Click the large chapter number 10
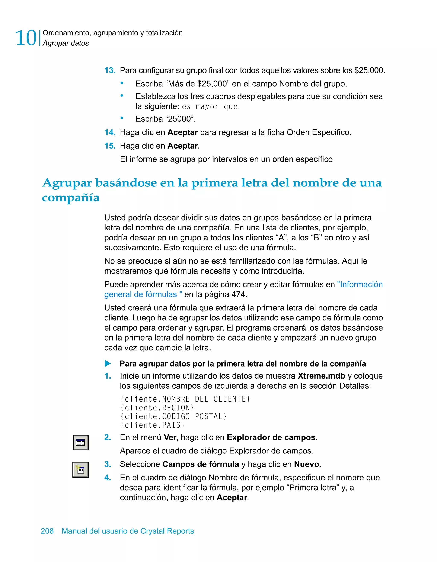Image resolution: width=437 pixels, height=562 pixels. tap(26, 38)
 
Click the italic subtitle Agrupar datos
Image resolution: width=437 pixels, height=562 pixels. tap(66, 43)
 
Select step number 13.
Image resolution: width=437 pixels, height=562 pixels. tap(110, 70)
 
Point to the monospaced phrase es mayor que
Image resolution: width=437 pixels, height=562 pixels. tap(210, 106)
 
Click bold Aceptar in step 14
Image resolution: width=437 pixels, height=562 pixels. tap(182, 132)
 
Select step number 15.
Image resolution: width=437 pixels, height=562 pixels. tap(110, 146)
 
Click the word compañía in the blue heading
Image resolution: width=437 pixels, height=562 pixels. tap(71, 198)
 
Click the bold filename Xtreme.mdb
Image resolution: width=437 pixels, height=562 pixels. tap(321, 376)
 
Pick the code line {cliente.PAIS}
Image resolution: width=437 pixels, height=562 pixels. tap(152, 425)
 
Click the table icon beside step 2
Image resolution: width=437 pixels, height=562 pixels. tap(81, 443)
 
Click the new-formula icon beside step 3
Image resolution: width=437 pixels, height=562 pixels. tap(81, 470)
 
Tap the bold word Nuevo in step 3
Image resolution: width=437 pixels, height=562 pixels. tap(306, 464)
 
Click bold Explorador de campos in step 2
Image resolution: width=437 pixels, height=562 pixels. tap(271, 437)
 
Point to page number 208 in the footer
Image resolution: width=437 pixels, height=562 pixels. tap(47, 531)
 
